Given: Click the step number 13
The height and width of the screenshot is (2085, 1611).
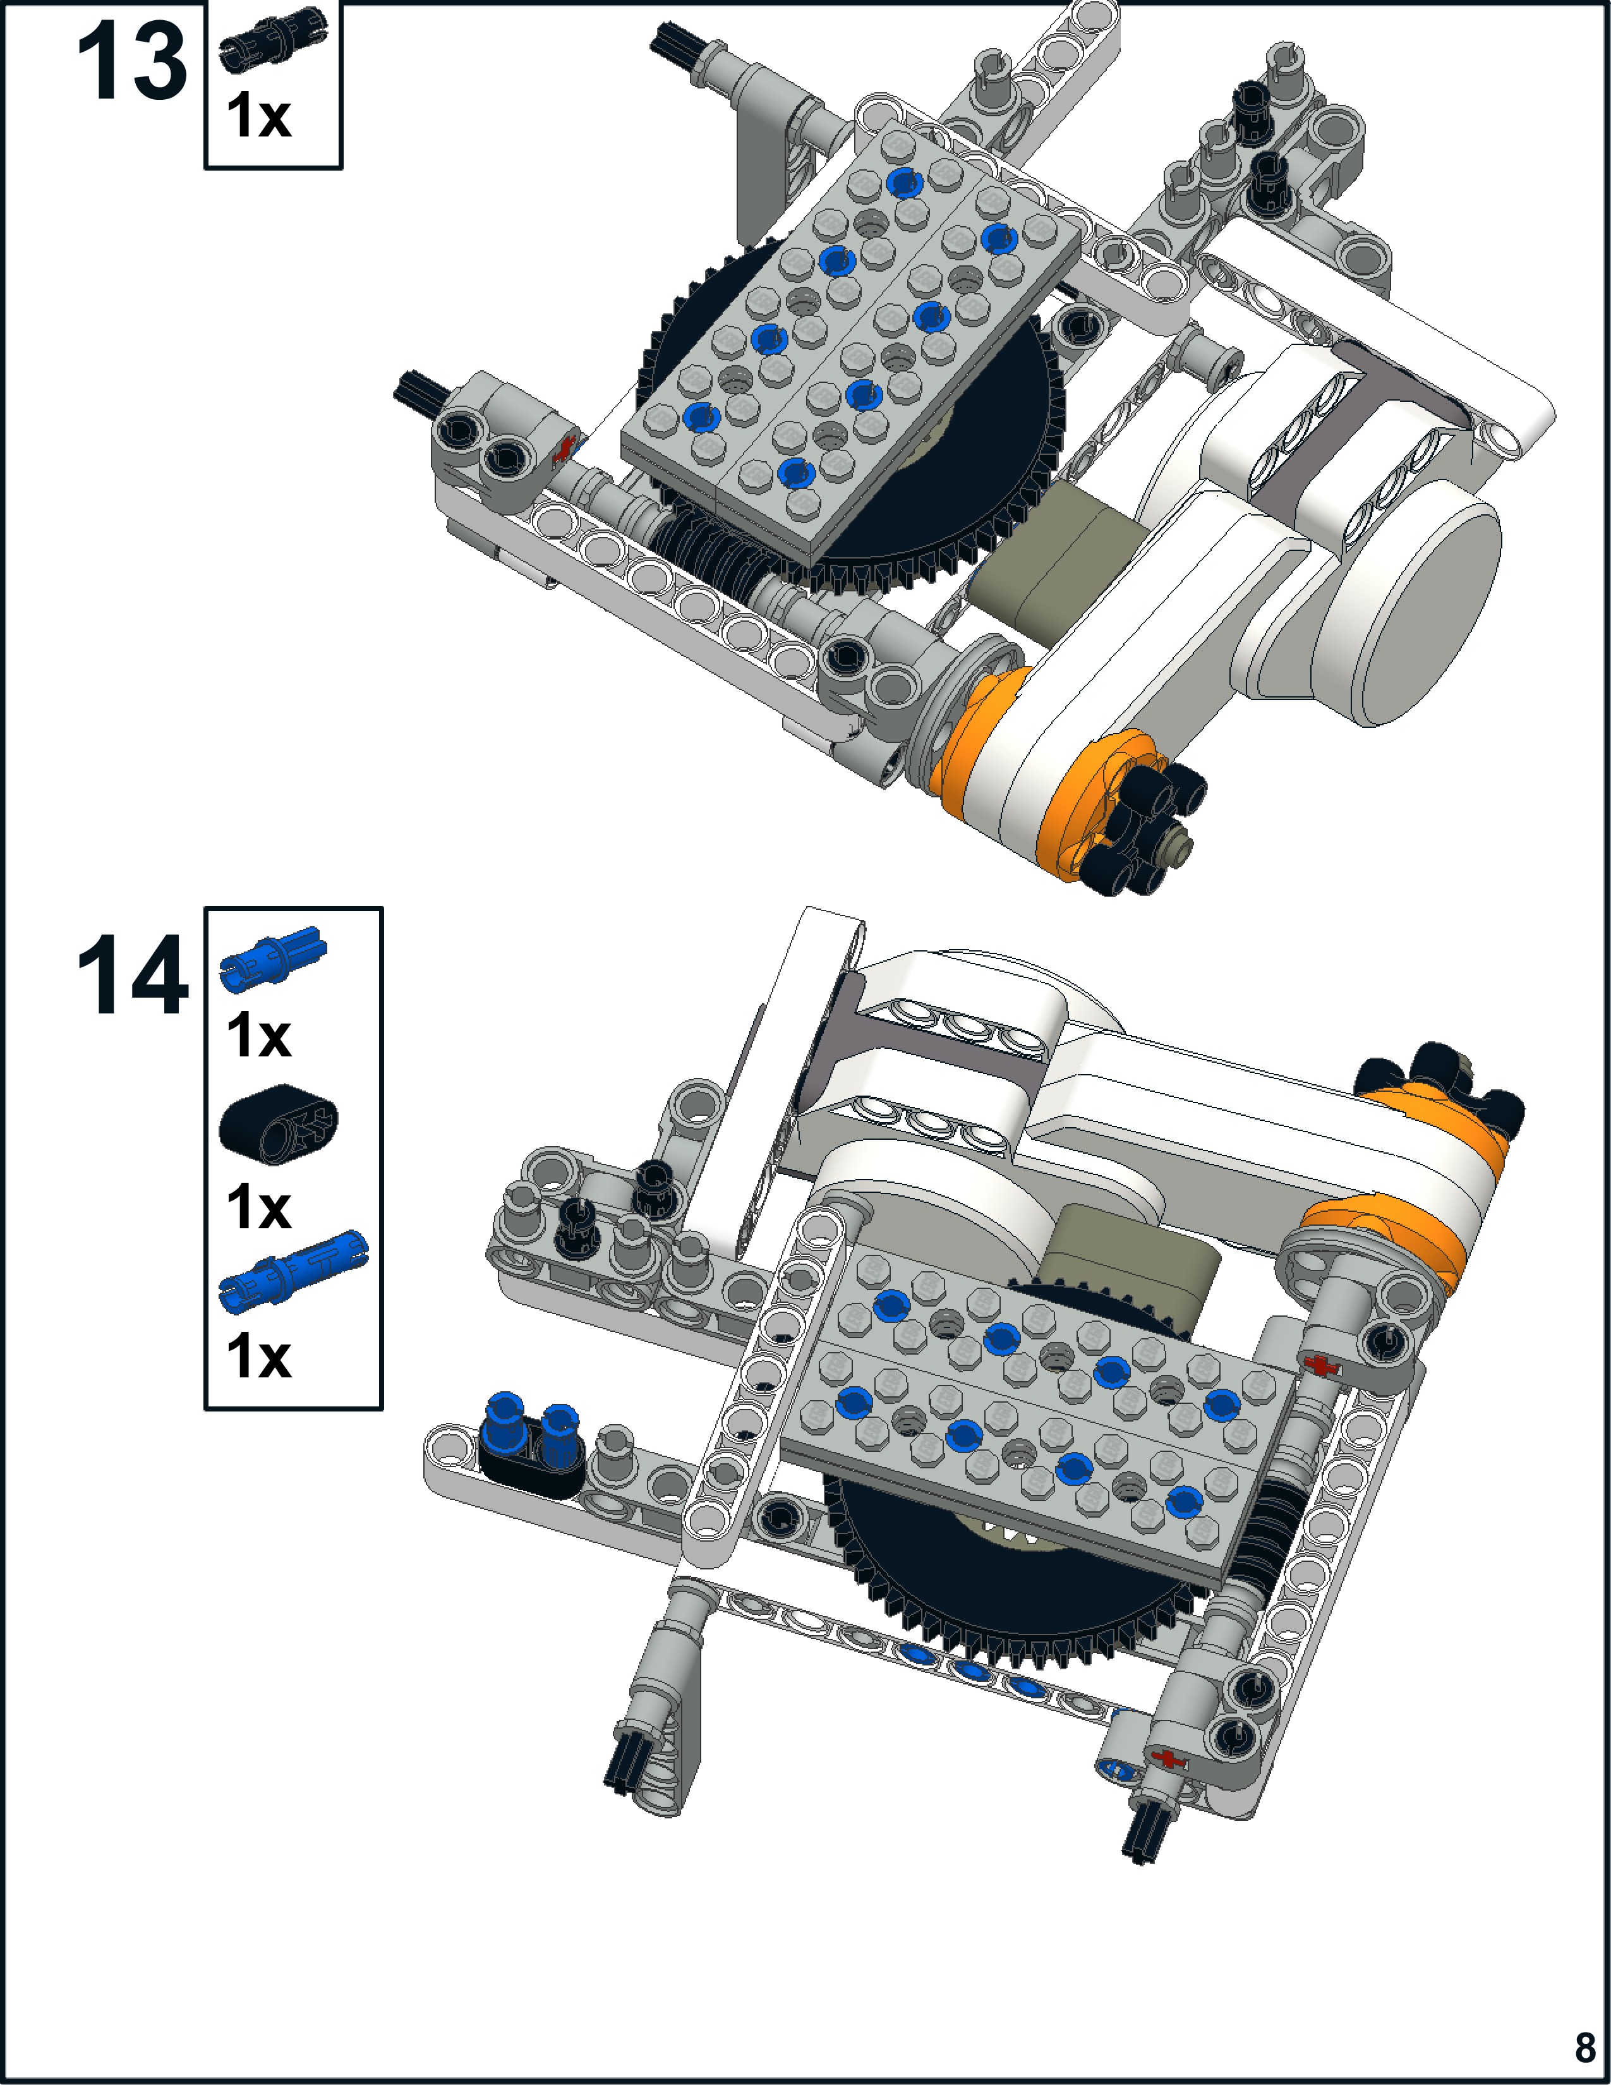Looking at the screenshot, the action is (x=131, y=61).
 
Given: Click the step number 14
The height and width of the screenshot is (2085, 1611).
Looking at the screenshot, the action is (x=131, y=975).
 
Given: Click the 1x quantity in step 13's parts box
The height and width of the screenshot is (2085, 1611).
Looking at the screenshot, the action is (x=258, y=116).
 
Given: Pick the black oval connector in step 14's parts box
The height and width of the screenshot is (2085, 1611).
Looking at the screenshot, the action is (x=279, y=1123).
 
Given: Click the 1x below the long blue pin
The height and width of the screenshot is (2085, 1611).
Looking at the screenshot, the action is (x=258, y=1357).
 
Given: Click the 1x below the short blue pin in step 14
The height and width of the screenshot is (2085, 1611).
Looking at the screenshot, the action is (x=258, y=1036).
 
